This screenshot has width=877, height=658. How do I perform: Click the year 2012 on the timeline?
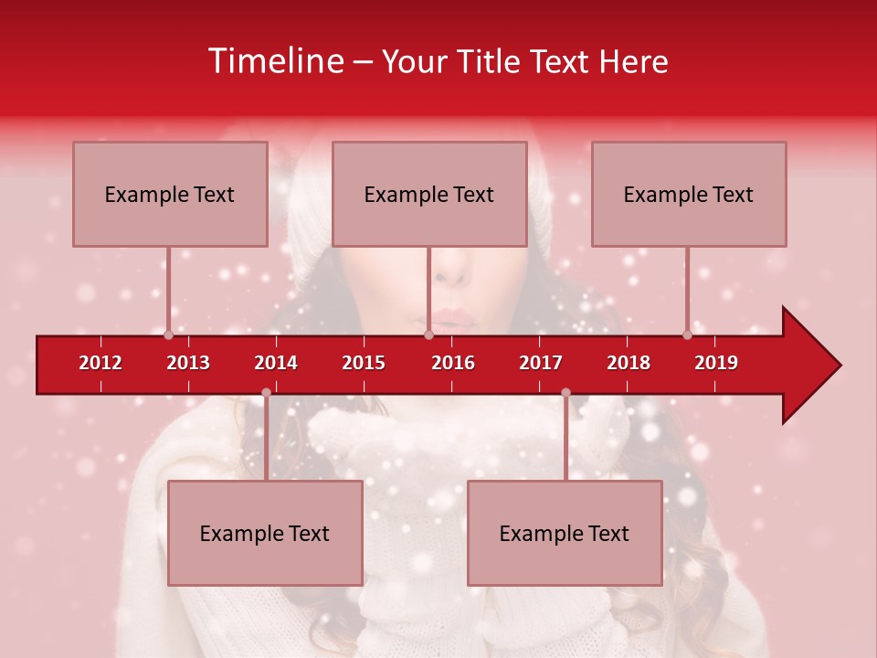100,363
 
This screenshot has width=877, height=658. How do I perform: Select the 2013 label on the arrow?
188,363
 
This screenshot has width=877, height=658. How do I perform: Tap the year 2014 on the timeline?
276,363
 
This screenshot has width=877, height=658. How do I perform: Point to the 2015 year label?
364,363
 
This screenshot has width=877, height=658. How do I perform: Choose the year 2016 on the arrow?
453,363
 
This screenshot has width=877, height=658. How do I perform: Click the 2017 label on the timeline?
541,363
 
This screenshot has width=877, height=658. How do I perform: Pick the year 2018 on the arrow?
629,363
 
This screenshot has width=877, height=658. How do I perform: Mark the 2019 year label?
716,363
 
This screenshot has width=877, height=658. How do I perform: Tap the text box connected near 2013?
170,194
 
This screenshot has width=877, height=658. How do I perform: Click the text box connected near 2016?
429,194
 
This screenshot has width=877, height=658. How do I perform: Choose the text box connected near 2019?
689,194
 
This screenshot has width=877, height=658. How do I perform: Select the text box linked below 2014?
265,533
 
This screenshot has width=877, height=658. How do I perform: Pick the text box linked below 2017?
565,533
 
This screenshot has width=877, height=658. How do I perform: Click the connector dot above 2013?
168,334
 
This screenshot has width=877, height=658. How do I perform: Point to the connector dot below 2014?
266,393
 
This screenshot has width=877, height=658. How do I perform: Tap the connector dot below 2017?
565,393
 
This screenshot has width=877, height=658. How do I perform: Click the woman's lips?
454,322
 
